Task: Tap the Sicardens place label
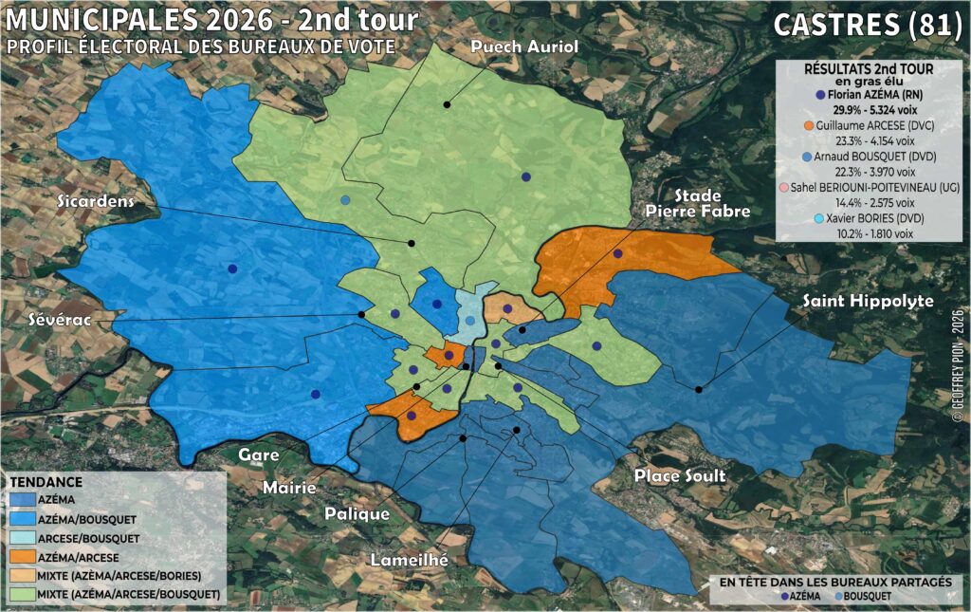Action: (x=94, y=201)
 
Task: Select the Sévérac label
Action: (x=61, y=319)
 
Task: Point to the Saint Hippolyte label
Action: (x=868, y=301)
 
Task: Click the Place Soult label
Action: (x=680, y=474)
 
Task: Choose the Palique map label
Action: (x=357, y=513)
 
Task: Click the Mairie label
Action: (x=289, y=488)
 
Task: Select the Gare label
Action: (x=258, y=454)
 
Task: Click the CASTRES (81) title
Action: (x=868, y=25)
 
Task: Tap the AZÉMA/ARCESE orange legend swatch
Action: (x=26, y=557)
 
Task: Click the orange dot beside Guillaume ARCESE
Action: (x=808, y=125)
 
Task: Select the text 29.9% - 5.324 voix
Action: (x=868, y=110)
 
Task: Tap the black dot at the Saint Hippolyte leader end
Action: (x=699, y=389)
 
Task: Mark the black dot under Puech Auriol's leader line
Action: (x=446, y=102)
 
